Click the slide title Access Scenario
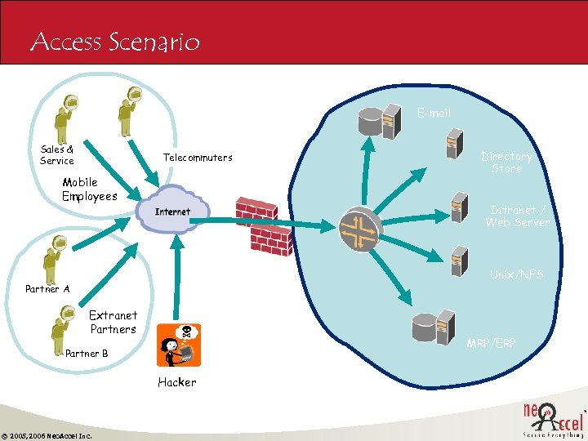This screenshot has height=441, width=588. point(114,42)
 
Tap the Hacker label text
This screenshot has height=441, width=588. point(177,381)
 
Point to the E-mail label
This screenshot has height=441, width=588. point(434,113)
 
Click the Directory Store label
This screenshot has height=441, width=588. point(506,162)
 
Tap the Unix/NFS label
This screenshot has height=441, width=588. point(516,274)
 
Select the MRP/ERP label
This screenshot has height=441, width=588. point(491,343)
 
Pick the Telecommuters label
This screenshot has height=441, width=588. point(198,157)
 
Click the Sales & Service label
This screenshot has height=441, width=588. point(57,155)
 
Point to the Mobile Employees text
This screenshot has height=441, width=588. point(89,189)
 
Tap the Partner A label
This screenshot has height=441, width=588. point(47,288)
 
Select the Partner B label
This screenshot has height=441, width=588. point(87,354)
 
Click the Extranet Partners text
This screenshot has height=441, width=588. point(113,322)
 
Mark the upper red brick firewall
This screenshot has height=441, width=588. point(256,210)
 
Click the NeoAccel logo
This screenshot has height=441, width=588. point(552,417)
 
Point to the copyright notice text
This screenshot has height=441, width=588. point(47,435)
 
